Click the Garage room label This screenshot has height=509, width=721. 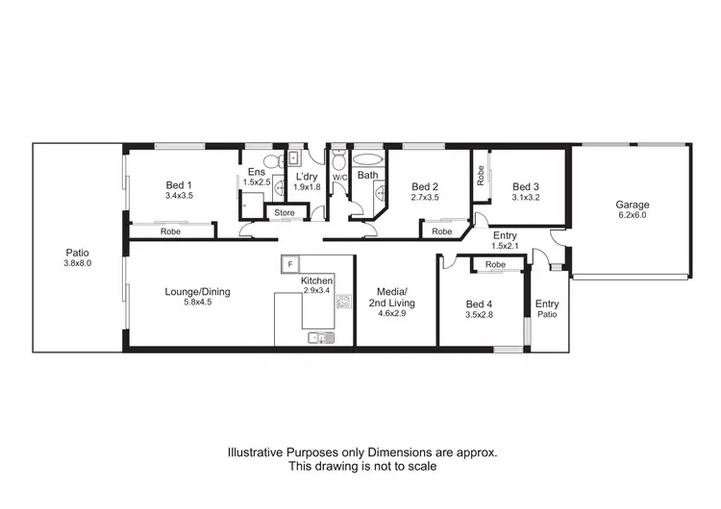click(x=633, y=205)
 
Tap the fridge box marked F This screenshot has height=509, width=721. click(x=291, y=263)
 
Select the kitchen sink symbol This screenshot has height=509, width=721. click(x=320, y=337)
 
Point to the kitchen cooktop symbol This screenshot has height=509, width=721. click(x=342, y=303)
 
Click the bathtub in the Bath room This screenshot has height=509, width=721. click(x=368, y=159)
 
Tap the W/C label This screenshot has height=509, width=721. click(x=339, y=178)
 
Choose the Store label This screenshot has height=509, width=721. click(x=285, y=212)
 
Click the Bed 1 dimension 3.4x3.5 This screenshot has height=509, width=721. click(x=179, y=197)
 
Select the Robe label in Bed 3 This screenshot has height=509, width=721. click(x=480, y=176)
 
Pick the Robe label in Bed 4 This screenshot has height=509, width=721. click(x=496, y=264)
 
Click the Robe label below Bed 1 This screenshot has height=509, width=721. click(x=171, y=231)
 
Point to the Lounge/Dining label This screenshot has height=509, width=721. click(x=197, y=292)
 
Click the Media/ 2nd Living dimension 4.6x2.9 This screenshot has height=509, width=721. click(x=388, y=313)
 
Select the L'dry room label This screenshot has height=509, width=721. click(x=307, y=177)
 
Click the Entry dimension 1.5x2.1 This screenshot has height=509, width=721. click(x=505, y=247)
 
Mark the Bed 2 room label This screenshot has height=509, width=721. click(x=425, y=186)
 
